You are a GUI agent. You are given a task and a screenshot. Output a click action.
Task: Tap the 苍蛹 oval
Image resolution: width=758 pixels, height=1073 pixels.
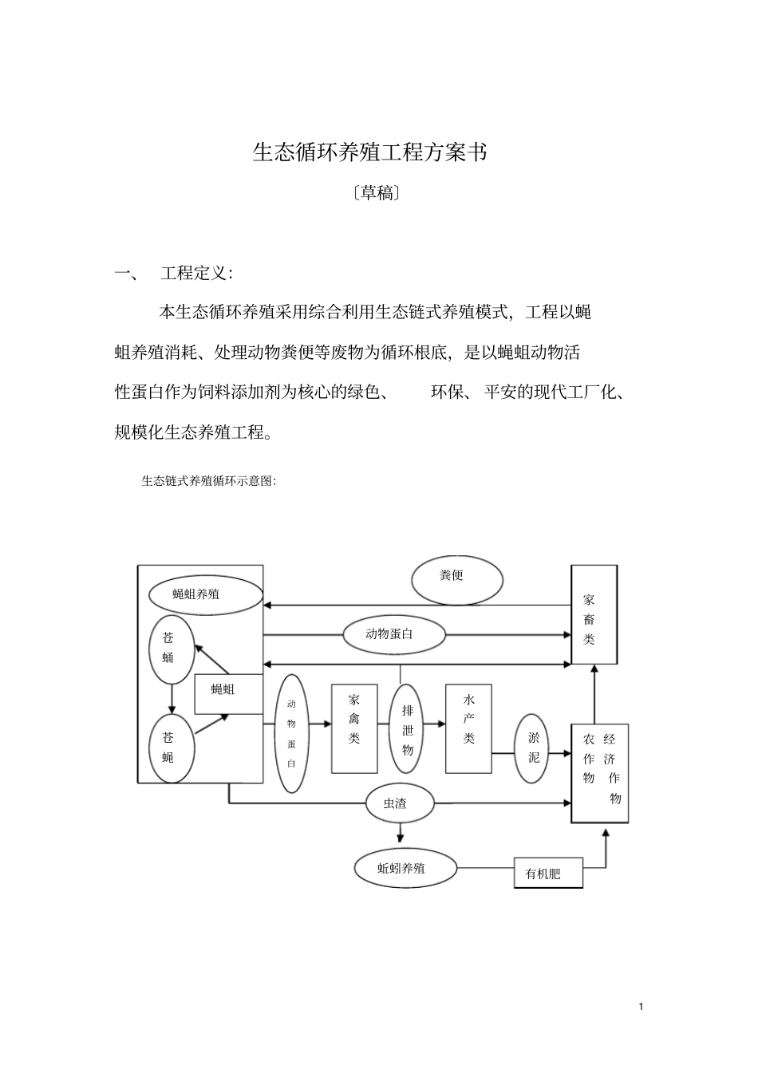tap(172, 649)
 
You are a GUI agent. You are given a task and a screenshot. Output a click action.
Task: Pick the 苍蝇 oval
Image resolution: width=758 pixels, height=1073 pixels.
tap(172, 748)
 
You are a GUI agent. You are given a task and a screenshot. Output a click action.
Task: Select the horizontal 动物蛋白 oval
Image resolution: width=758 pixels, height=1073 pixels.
tap(393, 635)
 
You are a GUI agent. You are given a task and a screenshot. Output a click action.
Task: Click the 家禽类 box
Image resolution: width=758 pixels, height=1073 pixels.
tap(354, 728)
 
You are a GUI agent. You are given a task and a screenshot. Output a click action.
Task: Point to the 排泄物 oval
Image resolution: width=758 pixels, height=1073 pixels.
tap(407, 728)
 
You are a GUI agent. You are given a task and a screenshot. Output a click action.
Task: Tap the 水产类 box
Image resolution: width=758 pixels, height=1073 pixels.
tap(468, 728)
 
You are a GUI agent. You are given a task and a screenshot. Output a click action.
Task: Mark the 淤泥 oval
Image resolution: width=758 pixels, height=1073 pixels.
tap(533, 748)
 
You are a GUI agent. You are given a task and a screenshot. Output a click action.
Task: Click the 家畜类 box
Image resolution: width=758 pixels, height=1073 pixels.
tap(594, 613)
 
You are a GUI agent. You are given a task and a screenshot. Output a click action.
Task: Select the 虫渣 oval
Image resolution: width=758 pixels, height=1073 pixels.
tap(399, 803)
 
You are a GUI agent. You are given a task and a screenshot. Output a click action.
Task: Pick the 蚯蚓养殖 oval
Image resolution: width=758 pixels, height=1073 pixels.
tap(405, 867)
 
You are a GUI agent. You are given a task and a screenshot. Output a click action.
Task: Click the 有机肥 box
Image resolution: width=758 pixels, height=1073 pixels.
tap(548, 874)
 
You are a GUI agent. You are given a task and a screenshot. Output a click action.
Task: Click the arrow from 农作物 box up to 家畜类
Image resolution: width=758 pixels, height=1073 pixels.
tap(594, 693)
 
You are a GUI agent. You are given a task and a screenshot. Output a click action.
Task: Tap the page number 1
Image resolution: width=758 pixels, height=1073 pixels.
tap(641, 1008)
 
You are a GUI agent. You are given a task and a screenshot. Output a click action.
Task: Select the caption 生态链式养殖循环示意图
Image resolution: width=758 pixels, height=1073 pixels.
tap(208, 481)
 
